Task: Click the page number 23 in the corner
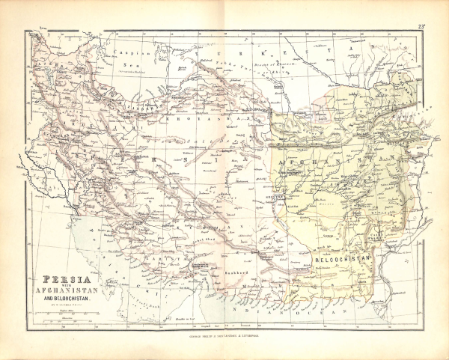[421, 28]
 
